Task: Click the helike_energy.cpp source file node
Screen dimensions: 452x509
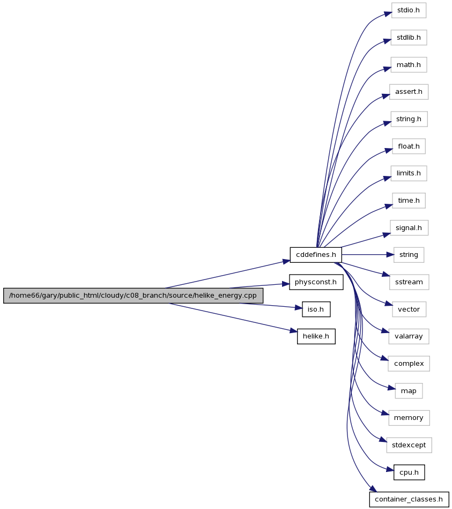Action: pyautogui.click(x=133, y=296)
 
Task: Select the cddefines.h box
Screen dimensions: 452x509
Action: pyautogui.click(x=316, y=255)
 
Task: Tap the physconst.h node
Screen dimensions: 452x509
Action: pyautogui.click(x=316, y=282)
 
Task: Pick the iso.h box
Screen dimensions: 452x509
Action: pyautogui.click(x=316, y=309)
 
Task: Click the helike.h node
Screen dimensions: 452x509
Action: pyautogui.click(x=316, y=336)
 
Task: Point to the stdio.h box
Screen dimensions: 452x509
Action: pyautogui.click(x=409, y=10)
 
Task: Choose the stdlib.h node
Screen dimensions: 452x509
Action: pyautogui.click(x=409, y=38)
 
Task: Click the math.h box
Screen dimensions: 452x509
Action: pyautogui.click(x=409, y=65)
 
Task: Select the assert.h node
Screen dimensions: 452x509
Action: pyautogui.click(x=409, y=92)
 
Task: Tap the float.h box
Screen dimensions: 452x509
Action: pyautogui.click(x=409, y=146)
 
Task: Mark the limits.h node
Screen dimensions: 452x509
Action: pyautogui.click(x=409, y=173)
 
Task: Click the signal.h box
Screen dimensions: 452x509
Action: pyautogui.click(x=409, y=228)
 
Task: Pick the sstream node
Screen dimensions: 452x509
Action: pyautogui.click(x=409, y=282)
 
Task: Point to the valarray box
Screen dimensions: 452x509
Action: pyautogui.click(x=409, y=336)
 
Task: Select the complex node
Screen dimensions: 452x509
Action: pyautogui.click(x=409, y=364)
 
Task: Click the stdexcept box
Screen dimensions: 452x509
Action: pyautogui.click(x=409, y=445)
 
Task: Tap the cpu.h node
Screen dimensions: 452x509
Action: pyautogui.click(x=409, y=473)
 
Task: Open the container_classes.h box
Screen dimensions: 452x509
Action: pyautogui.click(x=409, y=499)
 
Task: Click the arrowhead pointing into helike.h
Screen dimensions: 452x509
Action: pyautogui.click(x=293, y=331)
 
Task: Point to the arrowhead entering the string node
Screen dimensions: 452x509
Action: pyautogui.click(x=390, y=255)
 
